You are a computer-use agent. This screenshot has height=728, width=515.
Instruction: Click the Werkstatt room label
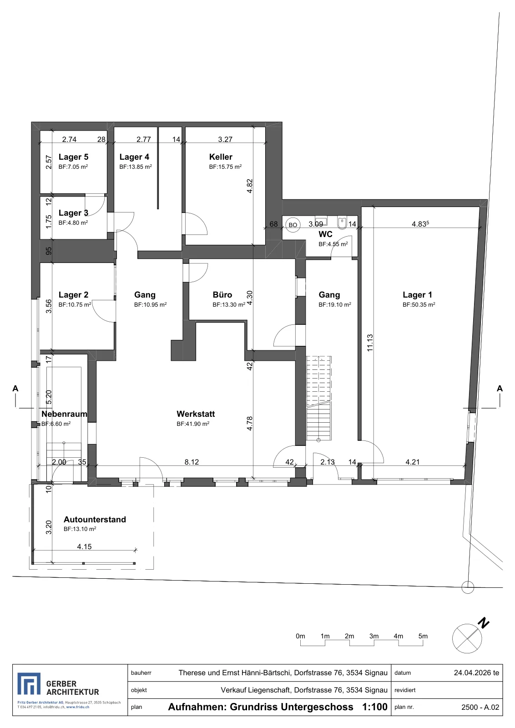196,414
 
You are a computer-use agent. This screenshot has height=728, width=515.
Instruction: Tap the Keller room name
221,157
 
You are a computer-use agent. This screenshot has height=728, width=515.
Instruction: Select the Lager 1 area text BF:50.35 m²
419,304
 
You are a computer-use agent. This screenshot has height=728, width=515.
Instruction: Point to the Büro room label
222,294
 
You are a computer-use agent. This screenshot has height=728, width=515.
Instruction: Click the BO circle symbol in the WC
293,225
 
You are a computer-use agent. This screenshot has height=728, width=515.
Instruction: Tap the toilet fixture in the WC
342,222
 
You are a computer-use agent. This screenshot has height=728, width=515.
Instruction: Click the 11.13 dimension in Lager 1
370,343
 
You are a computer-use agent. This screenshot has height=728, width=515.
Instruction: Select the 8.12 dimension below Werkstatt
192,462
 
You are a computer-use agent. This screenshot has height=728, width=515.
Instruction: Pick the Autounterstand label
95,519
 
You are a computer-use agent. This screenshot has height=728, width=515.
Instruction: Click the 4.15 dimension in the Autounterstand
84,546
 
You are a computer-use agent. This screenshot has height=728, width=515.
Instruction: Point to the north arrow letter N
484,623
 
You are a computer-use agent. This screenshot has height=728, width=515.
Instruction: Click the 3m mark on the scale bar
374,636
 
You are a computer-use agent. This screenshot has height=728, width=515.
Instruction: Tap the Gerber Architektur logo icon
29,684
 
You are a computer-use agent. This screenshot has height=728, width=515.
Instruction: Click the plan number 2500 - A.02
480,707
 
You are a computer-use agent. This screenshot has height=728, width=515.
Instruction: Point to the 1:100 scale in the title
375,707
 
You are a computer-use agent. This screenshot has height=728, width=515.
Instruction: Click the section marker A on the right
500,389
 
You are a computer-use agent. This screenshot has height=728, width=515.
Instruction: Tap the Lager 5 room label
73,157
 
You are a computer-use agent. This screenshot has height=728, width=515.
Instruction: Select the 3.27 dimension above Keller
225,139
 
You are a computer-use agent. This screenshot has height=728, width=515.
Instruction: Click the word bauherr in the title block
141,673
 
